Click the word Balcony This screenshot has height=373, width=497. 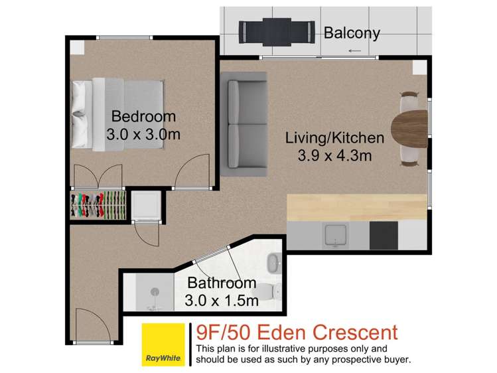pyautogui.click(x=352, y=33)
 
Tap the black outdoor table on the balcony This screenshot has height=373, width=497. pyautogui.click(x=277, y=30)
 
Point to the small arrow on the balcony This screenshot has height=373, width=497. pyautogui.click(x=355, y=50)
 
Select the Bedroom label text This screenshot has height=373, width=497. pyautogui.click(x=143, y=117)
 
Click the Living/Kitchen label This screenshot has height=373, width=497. pyautogui.click(x=334, y=138)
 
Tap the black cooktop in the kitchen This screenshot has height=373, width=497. pyautogui.click(x=383, y=234)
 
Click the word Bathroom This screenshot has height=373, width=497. pyautogui.click(x=222, y=283)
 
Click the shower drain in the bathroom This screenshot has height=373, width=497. pyautogui.click(x=155, y=291)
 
